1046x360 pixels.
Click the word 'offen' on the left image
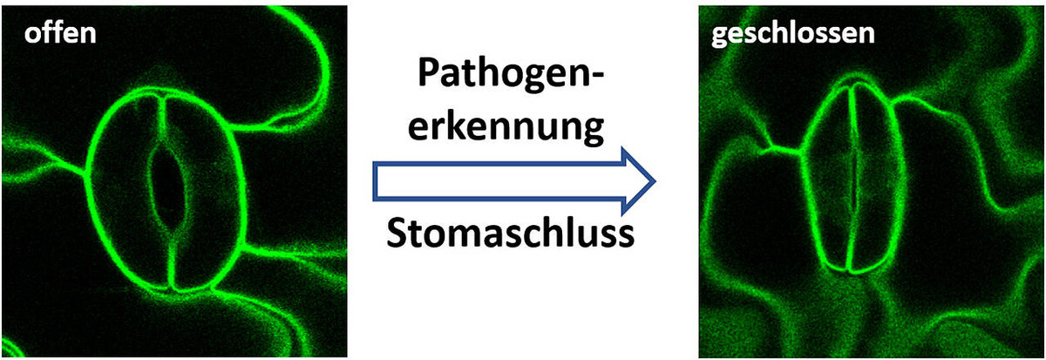point(60,33)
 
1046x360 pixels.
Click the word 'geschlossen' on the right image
point(792,35)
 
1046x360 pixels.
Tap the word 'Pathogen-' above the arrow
point(511,75)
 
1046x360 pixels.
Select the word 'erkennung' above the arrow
point(506,126)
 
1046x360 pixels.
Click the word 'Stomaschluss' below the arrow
point(511,233)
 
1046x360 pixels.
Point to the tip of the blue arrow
point(655,181)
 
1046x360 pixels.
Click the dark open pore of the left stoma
point(167,187)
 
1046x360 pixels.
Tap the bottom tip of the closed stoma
point(849,271)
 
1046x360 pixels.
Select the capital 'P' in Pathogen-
point(429,72)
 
